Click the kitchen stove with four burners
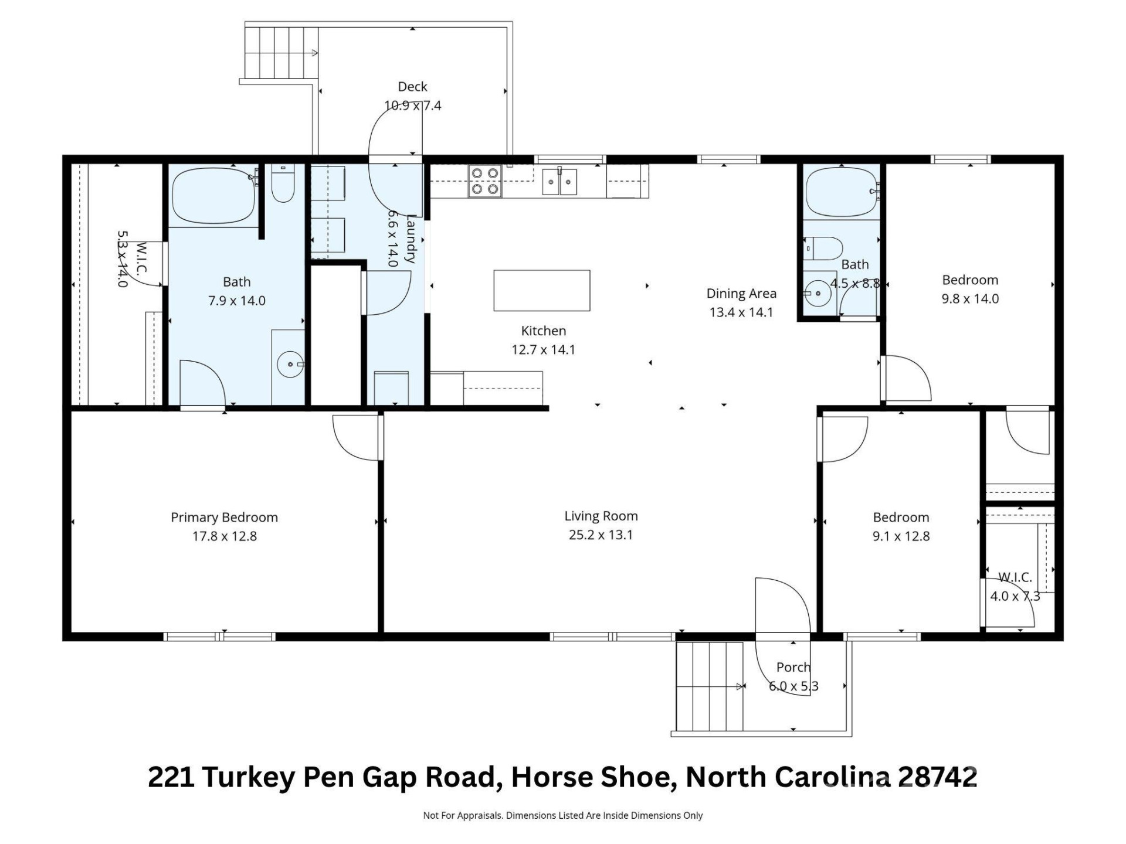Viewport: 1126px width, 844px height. [x=485, y=181]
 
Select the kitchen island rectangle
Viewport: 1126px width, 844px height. [x=541, y=291]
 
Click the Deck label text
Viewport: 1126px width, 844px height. [x=412, y=87]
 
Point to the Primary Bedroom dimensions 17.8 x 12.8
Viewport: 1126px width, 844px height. [x=225, y=536]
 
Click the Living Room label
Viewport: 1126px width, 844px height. [x=601, y=516]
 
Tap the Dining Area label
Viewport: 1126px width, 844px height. [x=741, y=294]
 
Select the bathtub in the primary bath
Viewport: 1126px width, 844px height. [x=213, y=196]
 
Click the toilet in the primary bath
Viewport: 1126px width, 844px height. [x=283, y=184]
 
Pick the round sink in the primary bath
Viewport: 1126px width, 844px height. [x=290, y=365]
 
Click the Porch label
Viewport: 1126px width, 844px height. [x=793, y=667]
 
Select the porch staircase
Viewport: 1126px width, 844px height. [x=710, y=686]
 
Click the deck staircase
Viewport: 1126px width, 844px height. [x=281, y=53]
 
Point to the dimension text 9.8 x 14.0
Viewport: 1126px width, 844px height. [x=970, y=299]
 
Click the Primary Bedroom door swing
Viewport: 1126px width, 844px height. [x=356, y=437]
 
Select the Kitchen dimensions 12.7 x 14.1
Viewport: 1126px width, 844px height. [x=543, y=350]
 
